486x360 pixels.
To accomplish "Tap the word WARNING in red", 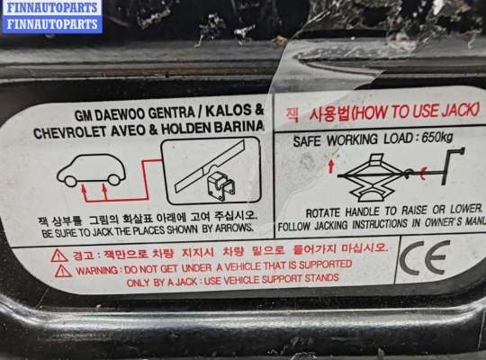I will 96,268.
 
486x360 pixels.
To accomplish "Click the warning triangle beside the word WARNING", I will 61,270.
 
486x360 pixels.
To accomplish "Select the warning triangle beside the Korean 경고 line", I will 59,255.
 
